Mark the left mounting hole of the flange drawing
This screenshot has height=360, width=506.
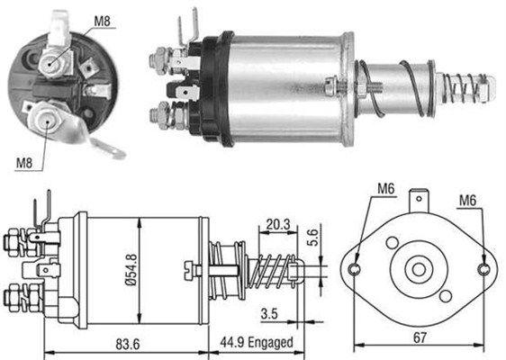356,269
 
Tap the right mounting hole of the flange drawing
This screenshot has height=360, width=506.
485,269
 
